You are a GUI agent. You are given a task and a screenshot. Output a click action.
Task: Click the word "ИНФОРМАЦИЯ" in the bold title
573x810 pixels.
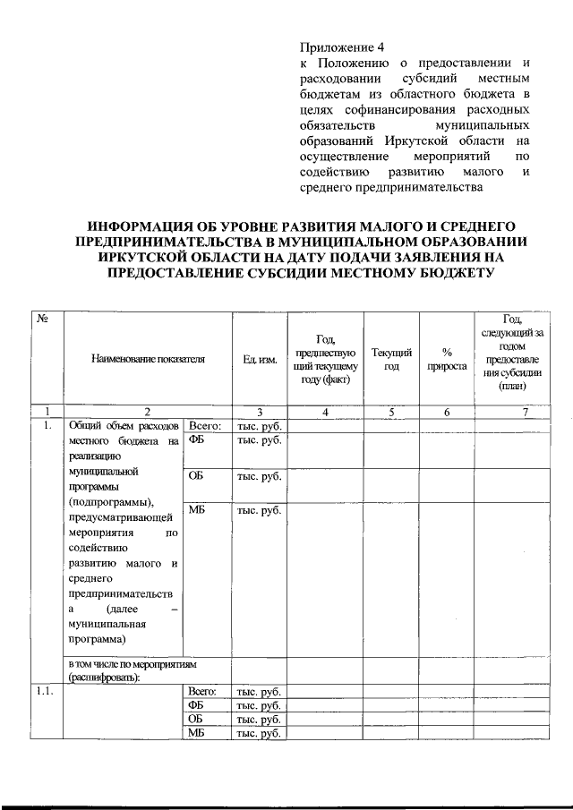[x=149, y=226]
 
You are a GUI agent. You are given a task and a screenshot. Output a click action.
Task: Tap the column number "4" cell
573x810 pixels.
[x=326, y=412]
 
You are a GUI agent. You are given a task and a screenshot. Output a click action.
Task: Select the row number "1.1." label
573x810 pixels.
[x=44, y=691]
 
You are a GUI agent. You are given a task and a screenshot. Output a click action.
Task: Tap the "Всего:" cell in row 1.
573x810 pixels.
[x=205, y=426]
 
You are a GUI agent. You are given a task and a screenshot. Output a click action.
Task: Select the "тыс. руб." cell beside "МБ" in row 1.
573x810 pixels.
[x=259, y=510]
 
